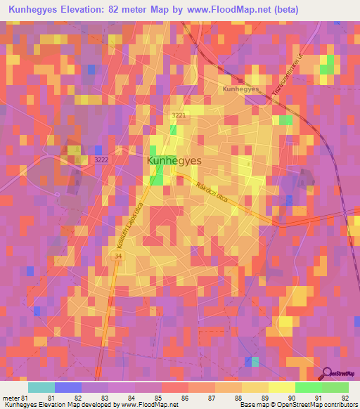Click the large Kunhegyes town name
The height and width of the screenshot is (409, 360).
click(x=174, y=161)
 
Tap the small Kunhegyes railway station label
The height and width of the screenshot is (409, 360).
click(x=240, y=89)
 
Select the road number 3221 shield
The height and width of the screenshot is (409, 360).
click(x=179, y=115)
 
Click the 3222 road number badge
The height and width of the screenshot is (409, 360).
click(x=101, y=160)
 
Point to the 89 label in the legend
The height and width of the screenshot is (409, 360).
click(x=265, y=398)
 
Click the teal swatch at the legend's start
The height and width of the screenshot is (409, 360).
click(x=41, y=387)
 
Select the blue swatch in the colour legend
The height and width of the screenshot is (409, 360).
click(x=68, y=387)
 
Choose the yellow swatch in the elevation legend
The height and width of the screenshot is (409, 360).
click(x=255, y=387)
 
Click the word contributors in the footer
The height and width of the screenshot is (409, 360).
click(x=340, y=405)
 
